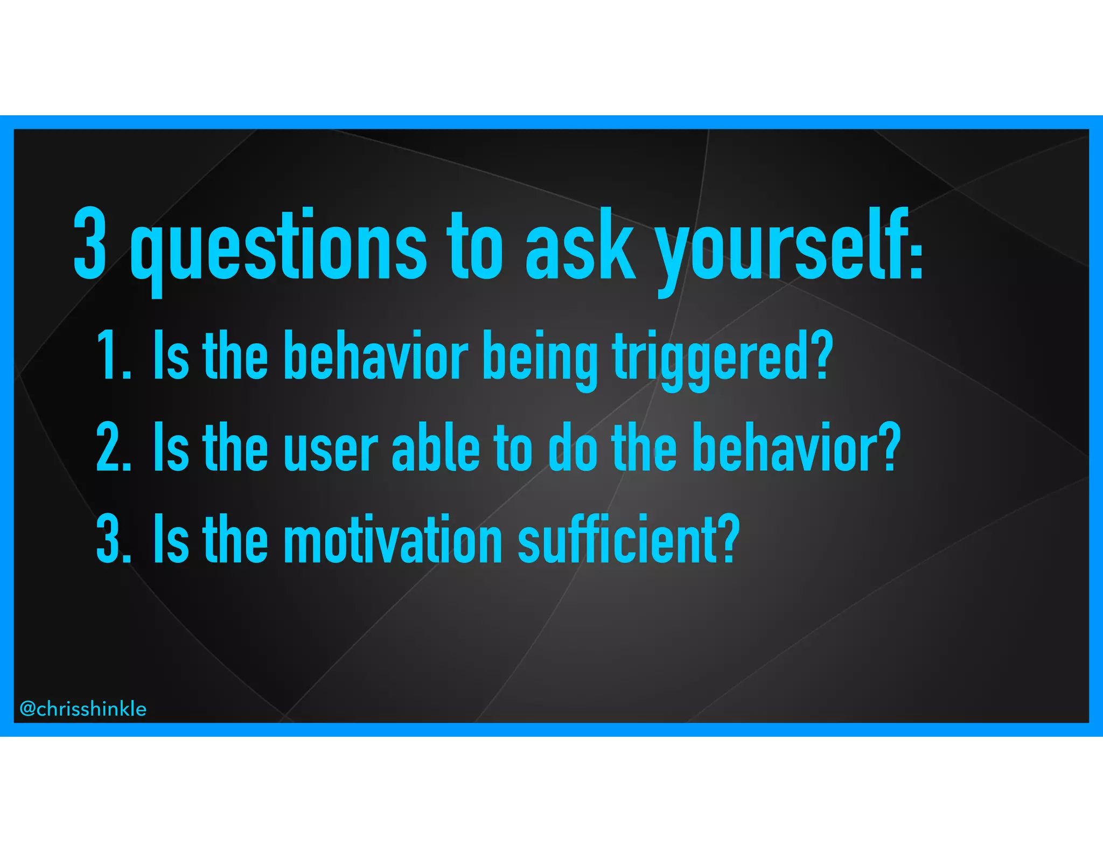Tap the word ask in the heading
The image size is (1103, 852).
pos(581,245)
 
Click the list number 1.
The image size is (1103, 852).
pos(112,356)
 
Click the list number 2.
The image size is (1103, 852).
pos(112,447)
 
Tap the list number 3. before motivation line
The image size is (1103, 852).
pos(112,539)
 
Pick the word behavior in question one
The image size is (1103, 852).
pos(375,355)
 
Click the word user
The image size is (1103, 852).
pos(331,450)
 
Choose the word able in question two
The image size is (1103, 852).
pos(435,447)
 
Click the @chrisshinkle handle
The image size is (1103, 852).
pos(83,709)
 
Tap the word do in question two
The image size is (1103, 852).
pos(572,447)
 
